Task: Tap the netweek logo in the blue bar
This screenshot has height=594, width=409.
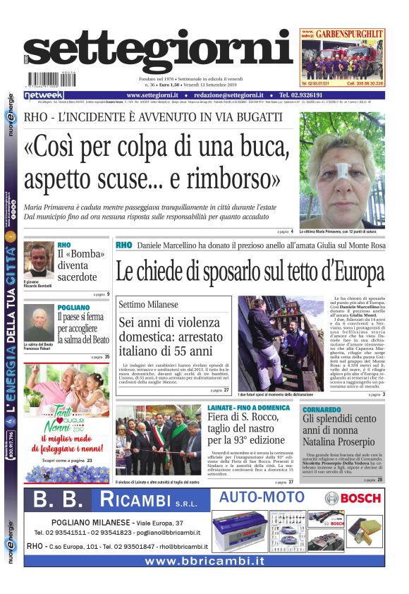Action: [44, 95]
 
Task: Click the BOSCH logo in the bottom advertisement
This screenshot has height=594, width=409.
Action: [353, 499]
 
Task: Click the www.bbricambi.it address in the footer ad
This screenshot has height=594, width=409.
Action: [204, 561]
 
